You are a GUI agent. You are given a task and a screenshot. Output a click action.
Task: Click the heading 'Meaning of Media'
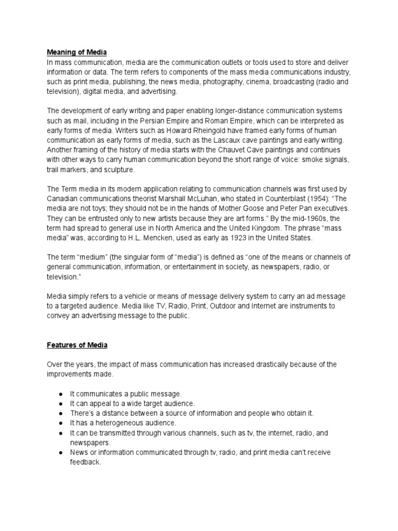[x=77, y=52]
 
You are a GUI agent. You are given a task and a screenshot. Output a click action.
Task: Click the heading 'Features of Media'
[x=77, y=345]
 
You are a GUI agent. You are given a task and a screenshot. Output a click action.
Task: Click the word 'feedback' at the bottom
[x=84, y=462]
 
